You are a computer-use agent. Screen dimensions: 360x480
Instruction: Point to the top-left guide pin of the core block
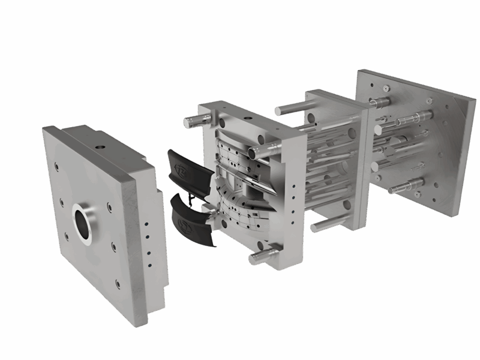193,121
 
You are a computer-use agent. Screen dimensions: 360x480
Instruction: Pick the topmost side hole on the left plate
145,223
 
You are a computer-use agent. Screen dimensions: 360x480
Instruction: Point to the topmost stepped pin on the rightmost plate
382,101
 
